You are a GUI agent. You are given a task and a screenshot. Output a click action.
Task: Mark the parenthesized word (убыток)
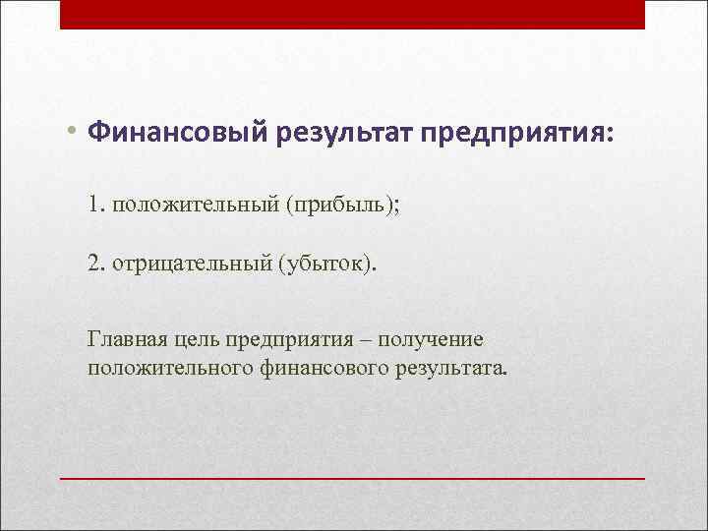[325, 264]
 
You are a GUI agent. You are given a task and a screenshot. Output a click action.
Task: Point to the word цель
[196, 341]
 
